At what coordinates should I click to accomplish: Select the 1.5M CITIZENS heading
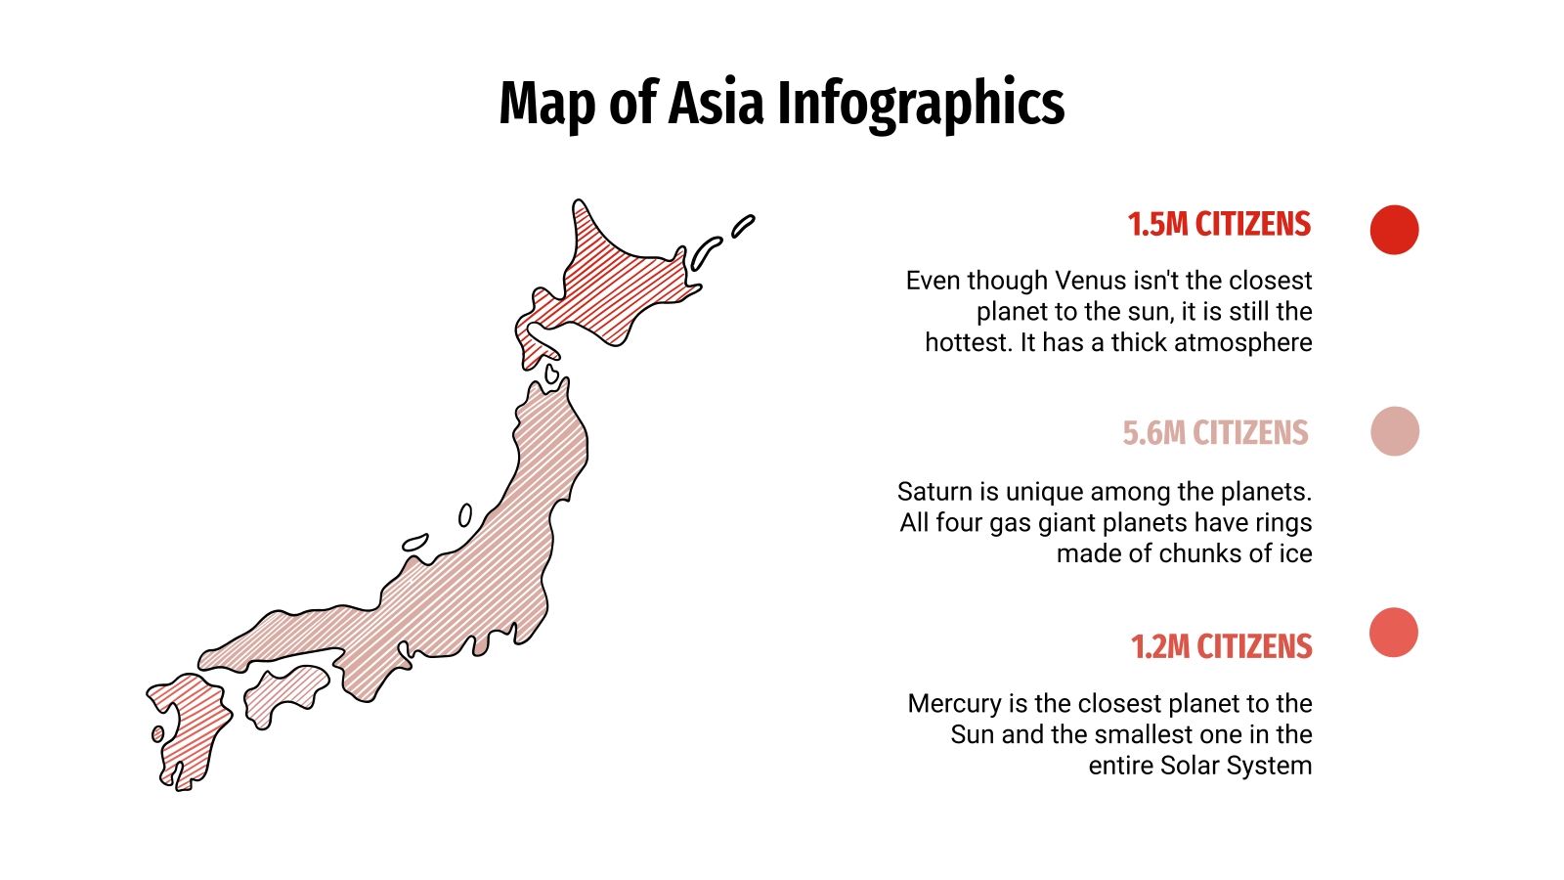(x=1218, y=224)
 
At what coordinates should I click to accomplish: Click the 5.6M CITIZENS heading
(x=1215, y=432)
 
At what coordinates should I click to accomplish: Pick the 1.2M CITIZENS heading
(x=1221, y=646)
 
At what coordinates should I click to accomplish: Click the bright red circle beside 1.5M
(x=1394, y=230)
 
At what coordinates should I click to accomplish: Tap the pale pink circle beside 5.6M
(x=1394, y=431)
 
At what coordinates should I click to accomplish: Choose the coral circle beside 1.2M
(x=1394, y=632)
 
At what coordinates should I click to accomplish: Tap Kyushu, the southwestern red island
(x=191, y=724)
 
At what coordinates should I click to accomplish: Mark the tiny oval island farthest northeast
(x=743, y=226)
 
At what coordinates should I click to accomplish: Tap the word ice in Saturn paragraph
(x=1295, y=553)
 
